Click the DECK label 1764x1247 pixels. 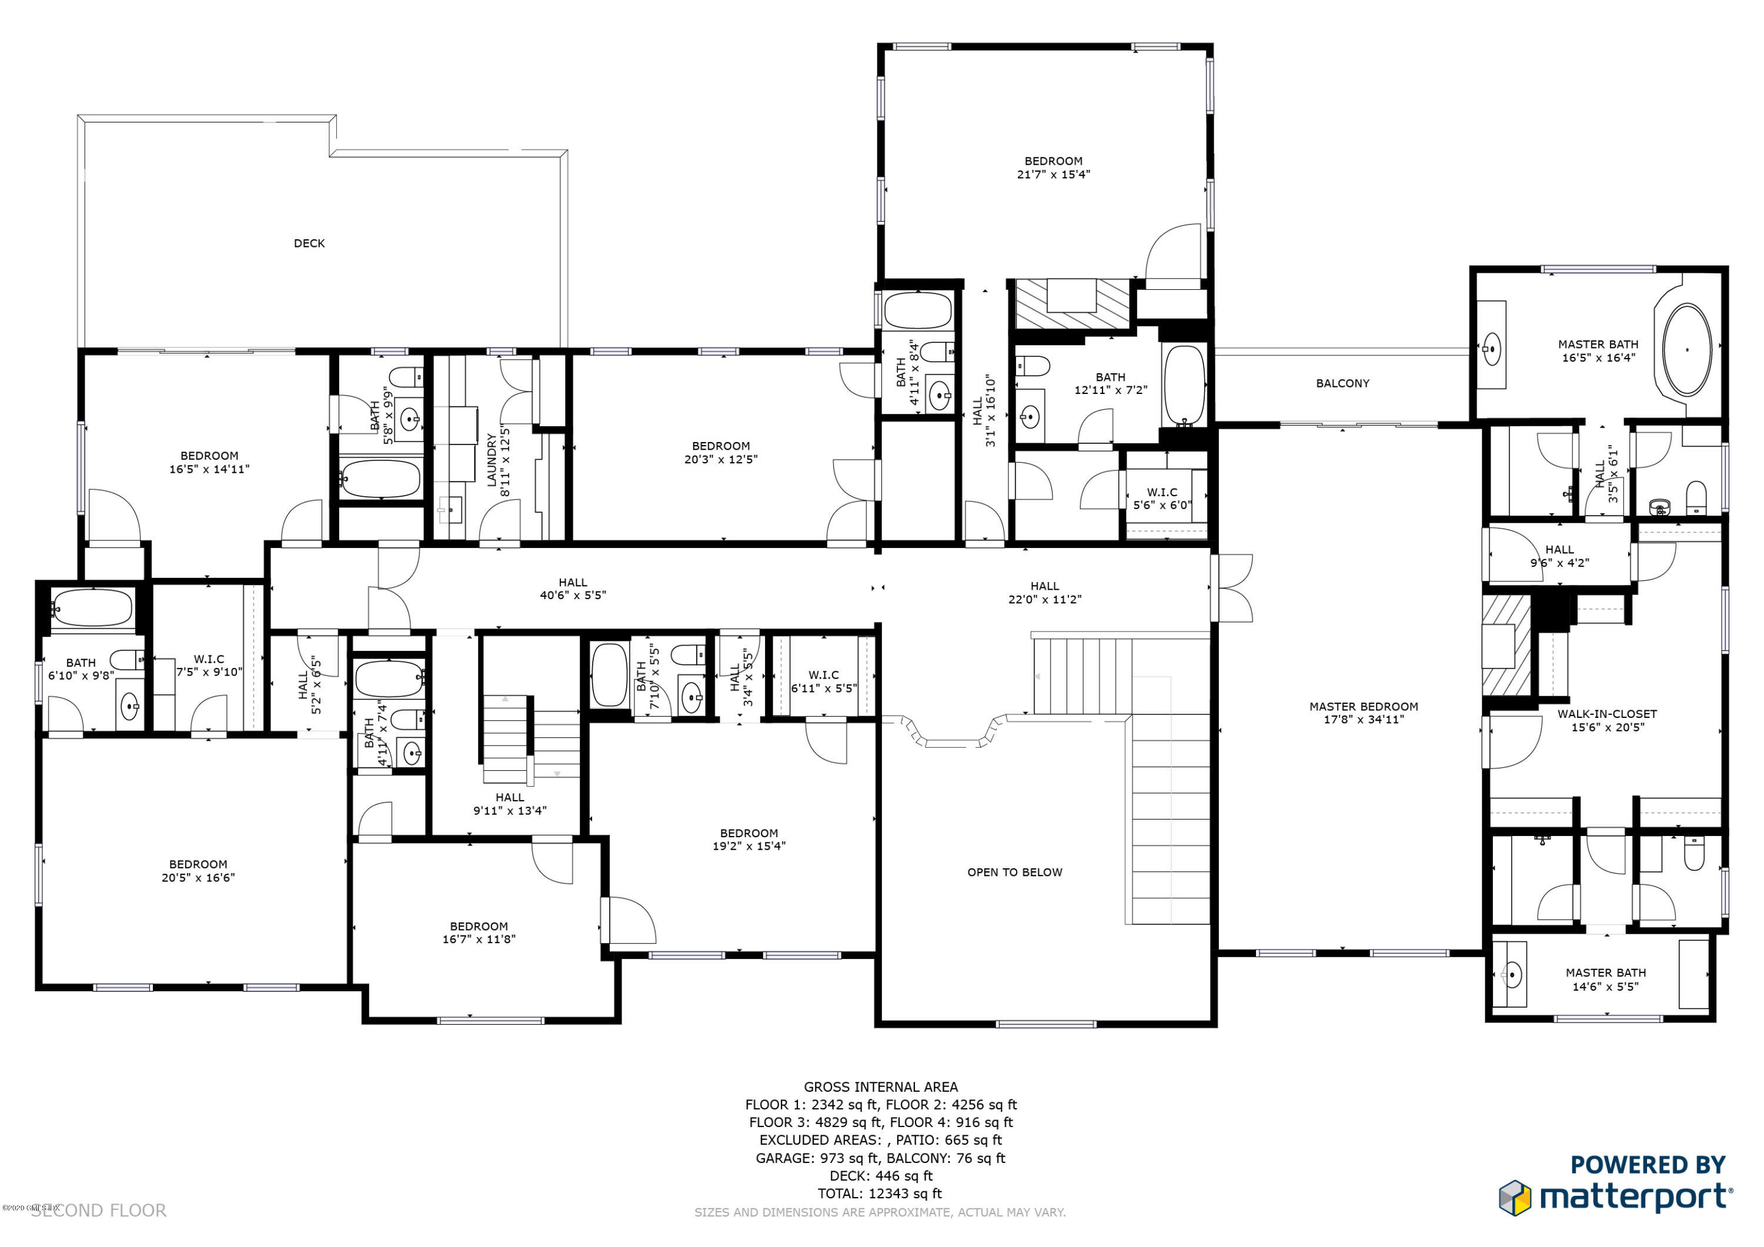point(309,243)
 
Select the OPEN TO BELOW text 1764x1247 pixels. point(1014,872)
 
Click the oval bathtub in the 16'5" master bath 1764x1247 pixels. point(1686,350)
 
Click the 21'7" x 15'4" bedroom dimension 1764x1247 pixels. point(1053,175)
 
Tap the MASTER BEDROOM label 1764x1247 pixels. point(1364,706)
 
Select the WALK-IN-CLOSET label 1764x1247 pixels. point(1606,714)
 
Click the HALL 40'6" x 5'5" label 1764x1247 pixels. point(572,589)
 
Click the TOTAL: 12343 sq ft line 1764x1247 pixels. point(880,1193)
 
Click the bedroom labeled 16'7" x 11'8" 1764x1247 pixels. point(479,932)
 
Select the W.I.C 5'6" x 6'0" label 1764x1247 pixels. point(1162,499)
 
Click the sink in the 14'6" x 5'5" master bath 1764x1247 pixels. point(1511,977)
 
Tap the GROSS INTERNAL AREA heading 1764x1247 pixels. point(880,1086)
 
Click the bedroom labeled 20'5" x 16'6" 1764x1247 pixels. point(198,871)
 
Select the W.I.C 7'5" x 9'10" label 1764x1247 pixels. point(209,666)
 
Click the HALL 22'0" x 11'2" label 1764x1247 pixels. point(1044,593)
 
